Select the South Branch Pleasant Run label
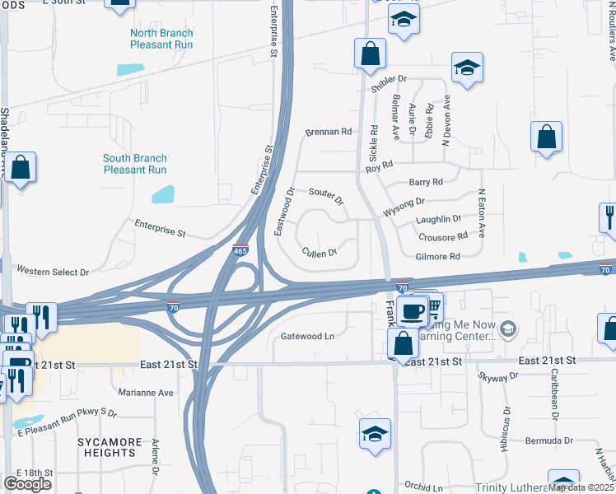pyautogui.click(x=135, y=164)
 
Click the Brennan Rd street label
pyautogui.click(x=329, y=132)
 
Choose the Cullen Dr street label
pyautogui.click(x=320, y=253)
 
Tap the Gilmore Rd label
pyautogui.click(x=437, y=257)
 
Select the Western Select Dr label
pyautogui.click(x=53, y=271)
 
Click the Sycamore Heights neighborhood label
pyautogui.click(x=107, y=447)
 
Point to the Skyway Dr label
pyautogui.click(x=498, y=375)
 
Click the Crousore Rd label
pyautogui.click(x=443, y=236)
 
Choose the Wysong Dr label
pyautogui.click(x=404, y=205)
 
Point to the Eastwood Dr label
pyautogui.click(x=283, y=212)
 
